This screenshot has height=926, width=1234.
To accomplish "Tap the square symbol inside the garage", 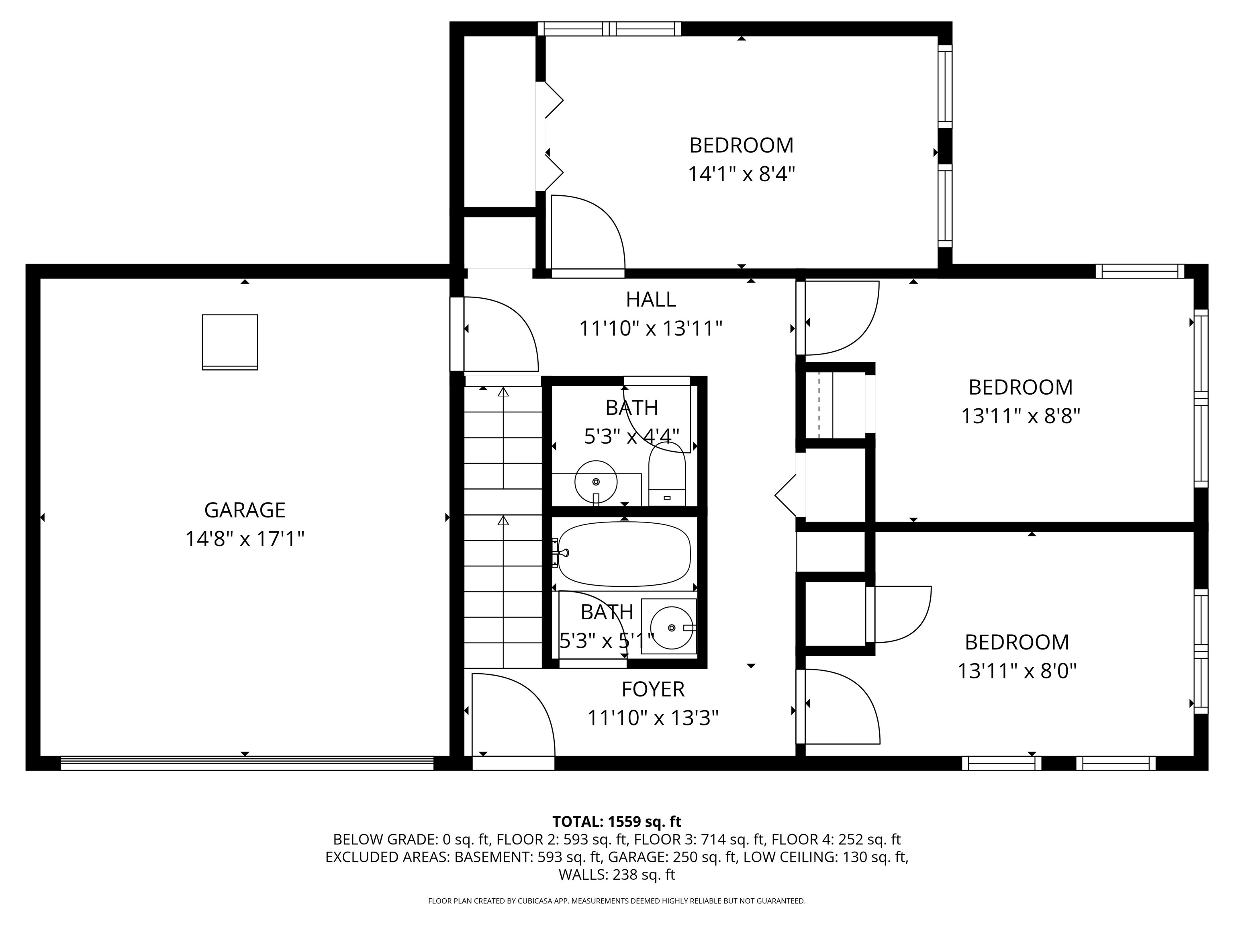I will tap(230, 342).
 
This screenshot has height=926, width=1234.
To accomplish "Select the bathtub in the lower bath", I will tap(624, 554).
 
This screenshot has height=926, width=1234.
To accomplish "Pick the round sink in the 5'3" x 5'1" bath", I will tap(672, 627).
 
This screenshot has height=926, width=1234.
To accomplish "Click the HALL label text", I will tap(650, 300).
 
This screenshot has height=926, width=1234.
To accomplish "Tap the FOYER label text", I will tap(653, 689).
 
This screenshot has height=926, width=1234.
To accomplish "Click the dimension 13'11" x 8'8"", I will tap(1020, 416).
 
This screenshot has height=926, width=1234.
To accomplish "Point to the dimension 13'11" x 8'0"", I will tap(1016, 671).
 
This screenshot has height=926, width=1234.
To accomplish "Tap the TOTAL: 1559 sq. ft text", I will tap(617, 822).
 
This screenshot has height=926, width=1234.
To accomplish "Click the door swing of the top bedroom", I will tap(587, 231).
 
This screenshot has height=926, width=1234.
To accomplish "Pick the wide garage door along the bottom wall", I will tap(247, 764).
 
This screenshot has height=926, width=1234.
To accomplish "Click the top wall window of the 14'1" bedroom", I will tap(609, 29).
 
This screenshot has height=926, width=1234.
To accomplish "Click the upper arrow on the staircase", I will tap(503, 393).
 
